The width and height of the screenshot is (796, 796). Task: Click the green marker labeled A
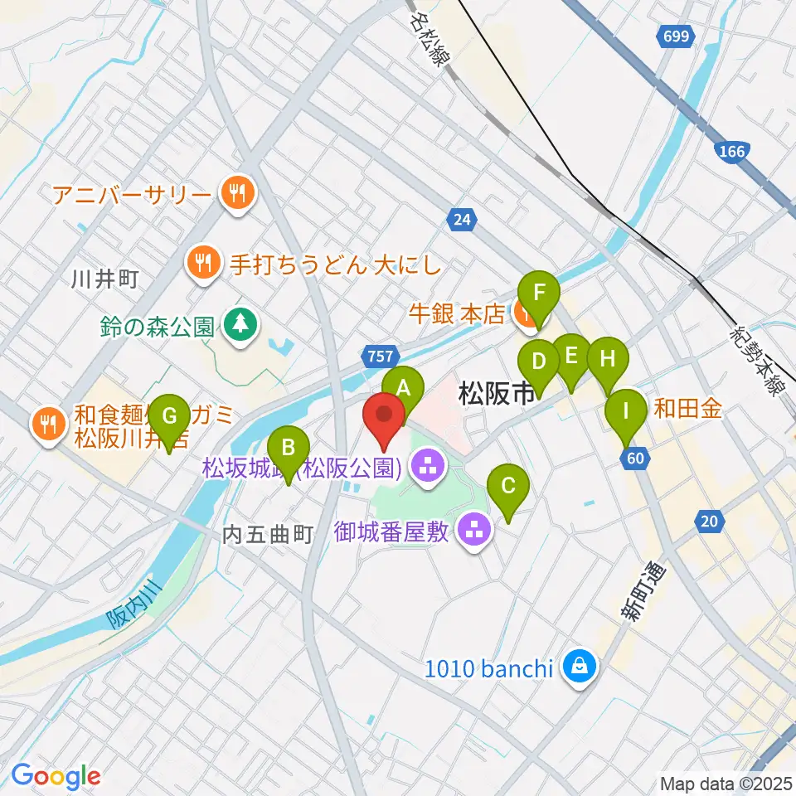[x=403, y=387]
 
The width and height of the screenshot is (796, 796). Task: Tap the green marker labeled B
[x=288, y=448]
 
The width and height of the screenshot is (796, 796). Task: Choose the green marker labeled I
[x=626, y=410]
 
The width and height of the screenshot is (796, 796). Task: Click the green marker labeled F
[x=539, y=293]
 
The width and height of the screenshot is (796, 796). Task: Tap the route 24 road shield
[x=462, y=220]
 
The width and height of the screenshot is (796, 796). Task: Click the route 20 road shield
[x=708, y=521]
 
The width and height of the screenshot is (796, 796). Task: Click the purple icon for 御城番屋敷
[x=474, y=530]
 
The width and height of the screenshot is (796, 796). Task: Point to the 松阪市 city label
[x=495, y=393]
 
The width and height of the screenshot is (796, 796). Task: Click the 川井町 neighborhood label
[x=104, y=279]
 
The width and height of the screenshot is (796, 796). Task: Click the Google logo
[x=56, y=775]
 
